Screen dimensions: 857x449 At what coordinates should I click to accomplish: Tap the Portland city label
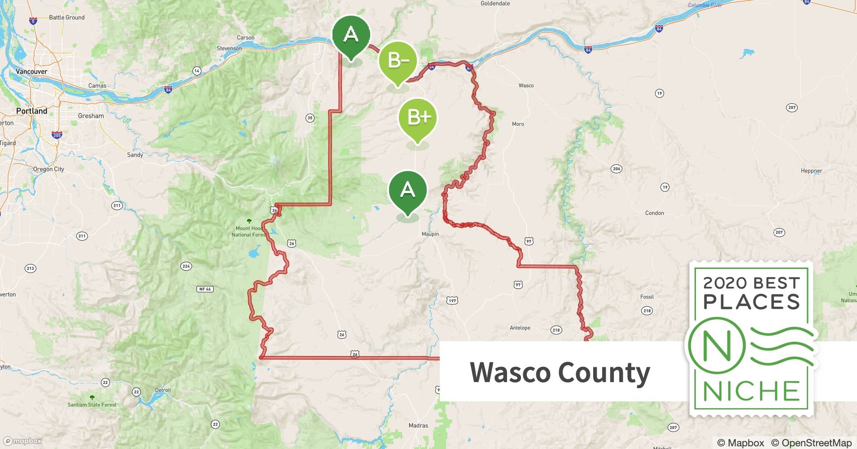[31, 111]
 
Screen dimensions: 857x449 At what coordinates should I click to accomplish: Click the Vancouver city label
[31, 71]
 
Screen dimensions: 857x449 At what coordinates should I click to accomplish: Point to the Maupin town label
[430, 234]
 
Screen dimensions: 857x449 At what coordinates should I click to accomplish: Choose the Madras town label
[418, 425]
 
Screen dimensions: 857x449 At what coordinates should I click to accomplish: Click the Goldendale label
[495, 4]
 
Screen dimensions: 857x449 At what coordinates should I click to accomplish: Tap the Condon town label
[654, 213]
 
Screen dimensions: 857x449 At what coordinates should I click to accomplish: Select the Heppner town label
[811, 171]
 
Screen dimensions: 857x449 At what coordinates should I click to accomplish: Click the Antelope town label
[520, 328]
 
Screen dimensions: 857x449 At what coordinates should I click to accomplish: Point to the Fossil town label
[647, 297]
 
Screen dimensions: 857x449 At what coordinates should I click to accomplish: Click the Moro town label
[518, 124]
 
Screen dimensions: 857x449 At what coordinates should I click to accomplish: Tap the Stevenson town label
[229, 48]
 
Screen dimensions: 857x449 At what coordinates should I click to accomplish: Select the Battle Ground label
[66, 18]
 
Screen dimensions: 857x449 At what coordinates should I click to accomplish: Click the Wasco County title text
[560, 373]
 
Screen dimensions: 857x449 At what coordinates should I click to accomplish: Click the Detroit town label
[163, 390]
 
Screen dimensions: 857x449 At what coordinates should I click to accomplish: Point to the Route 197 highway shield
[452, 300]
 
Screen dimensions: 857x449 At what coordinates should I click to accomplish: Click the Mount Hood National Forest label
[249, 231]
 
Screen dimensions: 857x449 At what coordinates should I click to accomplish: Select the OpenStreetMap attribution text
[811, 443]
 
